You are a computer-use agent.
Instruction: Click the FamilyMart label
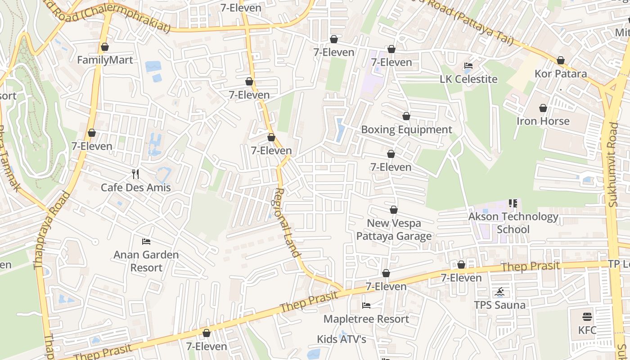105,60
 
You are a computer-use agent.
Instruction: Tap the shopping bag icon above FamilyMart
105,47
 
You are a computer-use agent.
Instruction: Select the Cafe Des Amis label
135,187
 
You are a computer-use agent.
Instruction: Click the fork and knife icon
135,174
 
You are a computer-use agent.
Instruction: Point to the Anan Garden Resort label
146,261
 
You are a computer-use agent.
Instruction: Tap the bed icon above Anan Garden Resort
146,242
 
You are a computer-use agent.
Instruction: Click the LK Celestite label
468,79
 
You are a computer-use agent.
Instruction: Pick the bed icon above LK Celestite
468,66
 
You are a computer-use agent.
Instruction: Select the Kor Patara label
560,73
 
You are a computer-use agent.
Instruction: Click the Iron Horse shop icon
543,108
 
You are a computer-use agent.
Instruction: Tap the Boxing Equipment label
406,130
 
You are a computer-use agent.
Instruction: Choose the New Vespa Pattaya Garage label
394,229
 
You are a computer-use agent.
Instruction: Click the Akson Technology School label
513,223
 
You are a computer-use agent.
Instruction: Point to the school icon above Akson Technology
513,203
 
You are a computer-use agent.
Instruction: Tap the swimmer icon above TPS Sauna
499,292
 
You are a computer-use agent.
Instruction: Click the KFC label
587,330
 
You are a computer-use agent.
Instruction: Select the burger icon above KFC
587,316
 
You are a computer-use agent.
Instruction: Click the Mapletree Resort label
366,319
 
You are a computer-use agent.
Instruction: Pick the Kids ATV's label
341,339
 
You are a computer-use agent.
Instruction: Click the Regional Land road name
287,222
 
